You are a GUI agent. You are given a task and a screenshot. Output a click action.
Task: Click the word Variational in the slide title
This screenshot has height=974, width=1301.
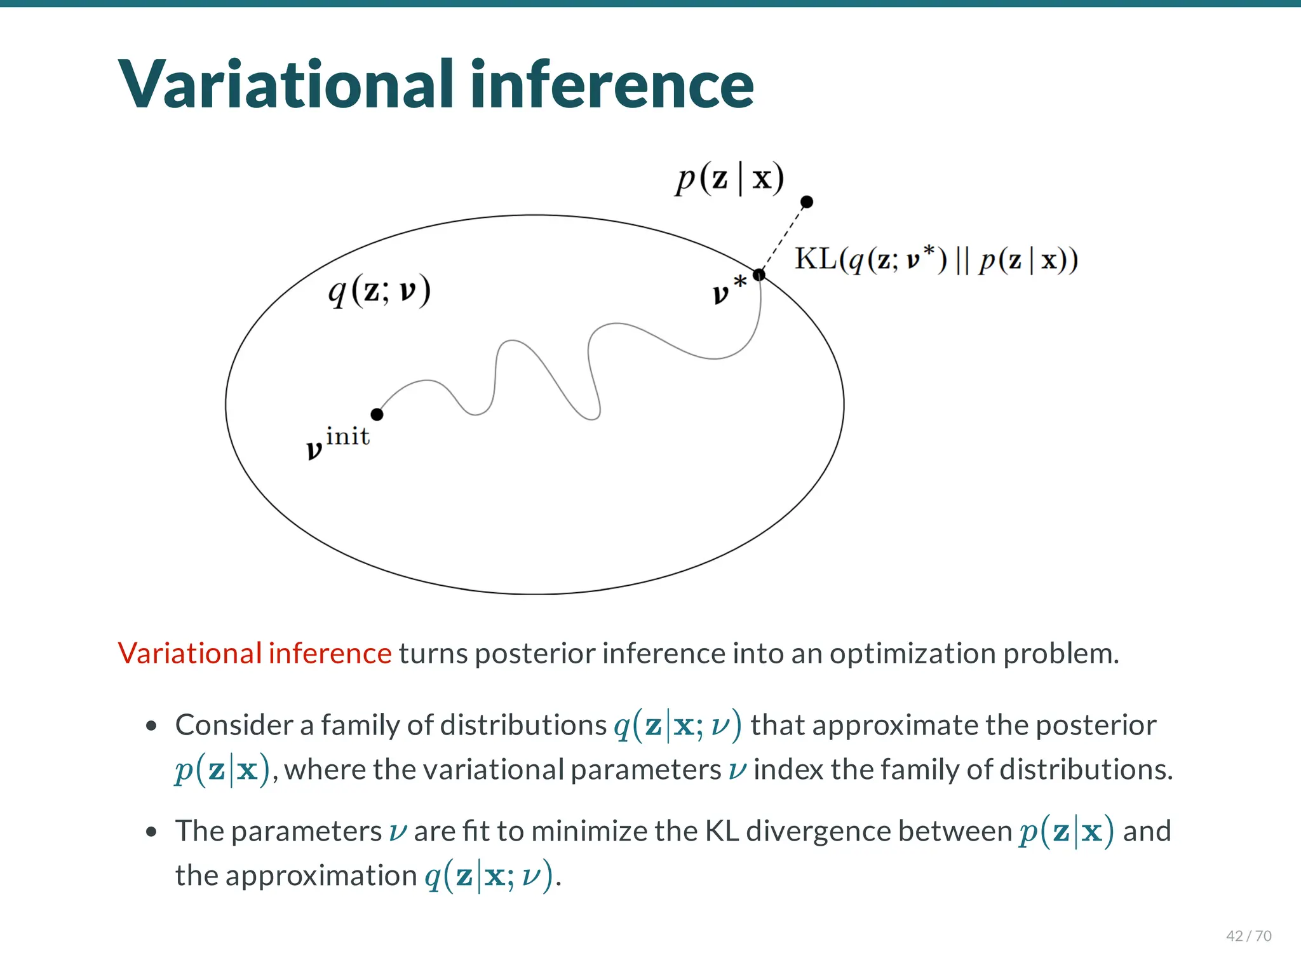286,85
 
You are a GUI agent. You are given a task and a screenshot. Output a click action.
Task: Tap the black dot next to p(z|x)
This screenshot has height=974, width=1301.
807,202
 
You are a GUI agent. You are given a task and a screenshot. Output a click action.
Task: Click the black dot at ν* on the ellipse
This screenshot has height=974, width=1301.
759,275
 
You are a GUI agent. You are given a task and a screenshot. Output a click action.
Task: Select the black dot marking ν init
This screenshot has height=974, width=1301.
377,414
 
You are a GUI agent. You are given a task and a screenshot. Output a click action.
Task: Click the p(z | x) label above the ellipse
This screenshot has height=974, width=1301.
729,179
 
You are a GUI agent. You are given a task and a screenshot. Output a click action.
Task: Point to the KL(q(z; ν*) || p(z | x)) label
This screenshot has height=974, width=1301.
936,260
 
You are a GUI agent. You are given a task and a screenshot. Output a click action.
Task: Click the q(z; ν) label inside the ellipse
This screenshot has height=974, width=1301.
379,291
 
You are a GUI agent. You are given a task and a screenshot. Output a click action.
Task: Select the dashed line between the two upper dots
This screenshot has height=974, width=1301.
783,238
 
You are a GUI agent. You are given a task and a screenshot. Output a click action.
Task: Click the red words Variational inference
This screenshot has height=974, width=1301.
255,653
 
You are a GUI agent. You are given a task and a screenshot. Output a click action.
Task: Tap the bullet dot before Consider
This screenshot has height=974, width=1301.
151,726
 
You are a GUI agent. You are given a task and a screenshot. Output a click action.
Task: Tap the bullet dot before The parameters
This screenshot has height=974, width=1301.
151,832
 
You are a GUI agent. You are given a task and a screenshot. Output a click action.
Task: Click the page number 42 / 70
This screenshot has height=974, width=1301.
1248,936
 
